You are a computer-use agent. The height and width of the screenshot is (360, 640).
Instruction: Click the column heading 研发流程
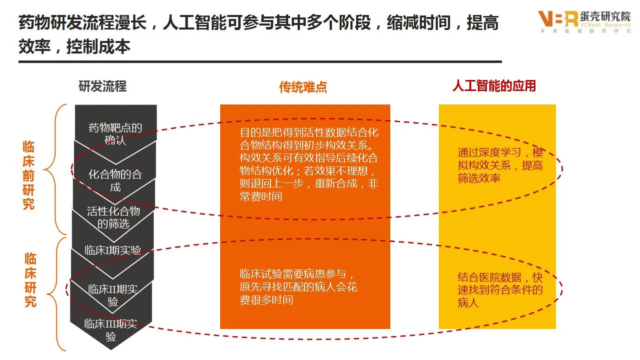click(103, 86)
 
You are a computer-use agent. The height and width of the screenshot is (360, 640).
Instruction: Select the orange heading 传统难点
click(303, 87)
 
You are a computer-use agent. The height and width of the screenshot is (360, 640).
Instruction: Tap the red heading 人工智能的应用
click(494, 86)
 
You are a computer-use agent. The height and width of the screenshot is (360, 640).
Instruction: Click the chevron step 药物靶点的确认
click(116, 133)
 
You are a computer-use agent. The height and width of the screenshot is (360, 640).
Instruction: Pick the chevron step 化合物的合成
click(115, 180)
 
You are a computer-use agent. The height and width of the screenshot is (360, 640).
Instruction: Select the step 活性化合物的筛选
click(114, 217)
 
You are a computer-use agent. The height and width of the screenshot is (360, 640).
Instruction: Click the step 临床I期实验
click(113, 250)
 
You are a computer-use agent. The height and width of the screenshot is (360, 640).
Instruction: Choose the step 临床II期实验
click(113, 295)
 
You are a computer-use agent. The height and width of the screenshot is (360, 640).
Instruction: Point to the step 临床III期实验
click(111, 329)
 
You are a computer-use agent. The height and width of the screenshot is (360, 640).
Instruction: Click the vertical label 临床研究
click(31, 280)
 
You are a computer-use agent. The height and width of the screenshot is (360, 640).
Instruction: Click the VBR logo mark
click(557, 19)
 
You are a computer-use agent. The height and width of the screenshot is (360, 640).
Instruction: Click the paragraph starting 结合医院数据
click(500, 290)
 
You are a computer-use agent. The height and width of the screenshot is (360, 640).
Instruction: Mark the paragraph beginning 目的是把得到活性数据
click(309, 164)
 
